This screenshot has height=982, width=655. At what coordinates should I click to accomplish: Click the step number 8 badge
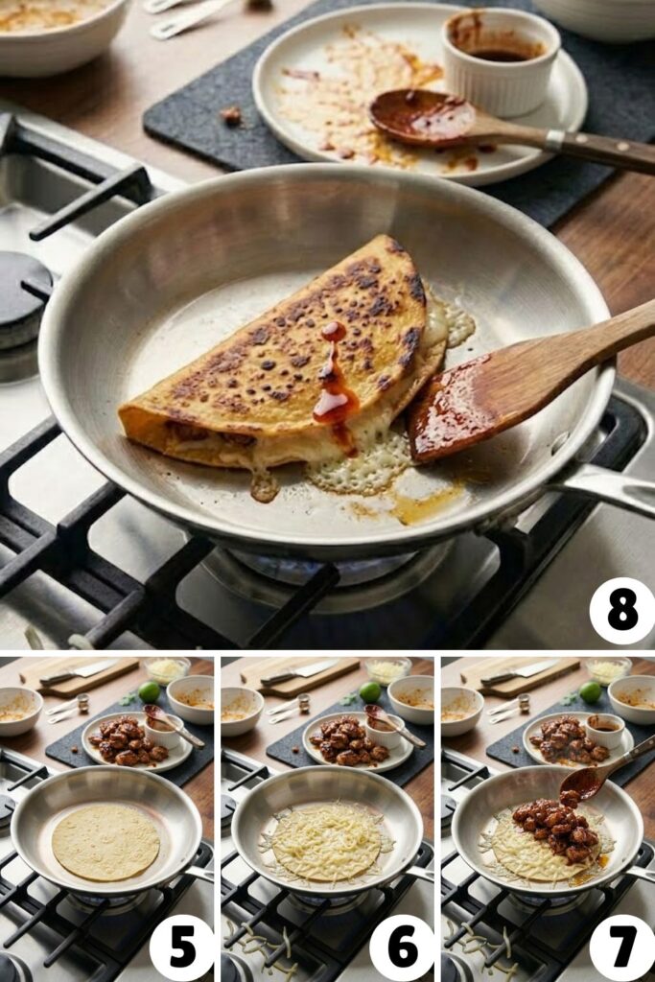[621, 611]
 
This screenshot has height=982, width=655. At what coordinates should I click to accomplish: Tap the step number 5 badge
[181, 947]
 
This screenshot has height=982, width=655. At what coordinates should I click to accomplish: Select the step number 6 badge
[402, 947]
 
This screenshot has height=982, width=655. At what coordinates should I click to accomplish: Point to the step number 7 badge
[621, 947]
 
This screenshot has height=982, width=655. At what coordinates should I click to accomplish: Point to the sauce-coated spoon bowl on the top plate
[422, 118]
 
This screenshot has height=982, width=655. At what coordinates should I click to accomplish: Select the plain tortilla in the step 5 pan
[105, 842]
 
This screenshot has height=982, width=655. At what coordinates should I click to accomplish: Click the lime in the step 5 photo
[149, 690]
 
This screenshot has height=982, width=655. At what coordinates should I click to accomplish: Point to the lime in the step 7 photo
[591, 691]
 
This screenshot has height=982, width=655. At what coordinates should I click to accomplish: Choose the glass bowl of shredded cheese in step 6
[387, 668]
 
